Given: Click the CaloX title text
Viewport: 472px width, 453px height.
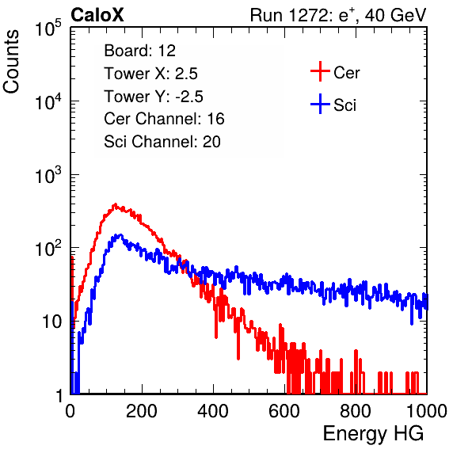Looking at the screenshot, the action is [x=97, y=15].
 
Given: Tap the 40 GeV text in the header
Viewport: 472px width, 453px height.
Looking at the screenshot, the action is [x=395, y=15].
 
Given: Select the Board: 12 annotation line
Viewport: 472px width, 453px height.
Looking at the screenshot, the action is [x=139, y=51].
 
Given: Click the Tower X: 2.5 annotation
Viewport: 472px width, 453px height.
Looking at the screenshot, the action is [x=150, y=74].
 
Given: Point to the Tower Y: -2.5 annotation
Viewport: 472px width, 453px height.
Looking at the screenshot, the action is [x=154, y=97].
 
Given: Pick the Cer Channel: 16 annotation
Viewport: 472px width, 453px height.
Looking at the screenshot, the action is [x=164, y=119].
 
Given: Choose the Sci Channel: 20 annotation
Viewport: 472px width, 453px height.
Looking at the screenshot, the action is [x=162, y=142].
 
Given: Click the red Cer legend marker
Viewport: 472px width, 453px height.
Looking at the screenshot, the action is [x=320, y=71].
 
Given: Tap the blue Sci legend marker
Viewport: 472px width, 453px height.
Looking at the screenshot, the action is [x=320, y=105].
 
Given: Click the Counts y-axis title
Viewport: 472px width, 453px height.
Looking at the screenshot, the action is [x=11, y=62].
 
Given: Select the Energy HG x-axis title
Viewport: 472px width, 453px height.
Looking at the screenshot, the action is [x=373, y=433].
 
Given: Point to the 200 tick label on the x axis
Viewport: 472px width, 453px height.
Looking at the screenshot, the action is [x=142, y=411].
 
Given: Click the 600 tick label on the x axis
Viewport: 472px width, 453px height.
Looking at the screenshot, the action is [x=284, y=411].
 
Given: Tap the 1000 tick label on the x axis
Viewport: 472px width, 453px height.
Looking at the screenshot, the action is [x=427, y=411].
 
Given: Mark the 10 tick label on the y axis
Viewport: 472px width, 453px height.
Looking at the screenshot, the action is [x=52, y=322].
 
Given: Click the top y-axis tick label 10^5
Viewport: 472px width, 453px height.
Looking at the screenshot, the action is [x=48, y=29].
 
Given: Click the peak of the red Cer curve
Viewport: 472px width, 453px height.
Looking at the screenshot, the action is [x=115, y=204].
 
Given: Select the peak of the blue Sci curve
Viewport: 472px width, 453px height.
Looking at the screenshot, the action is [x=120, y=234].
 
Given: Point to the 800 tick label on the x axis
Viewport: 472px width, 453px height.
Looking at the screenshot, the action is [x=356, y=411].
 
